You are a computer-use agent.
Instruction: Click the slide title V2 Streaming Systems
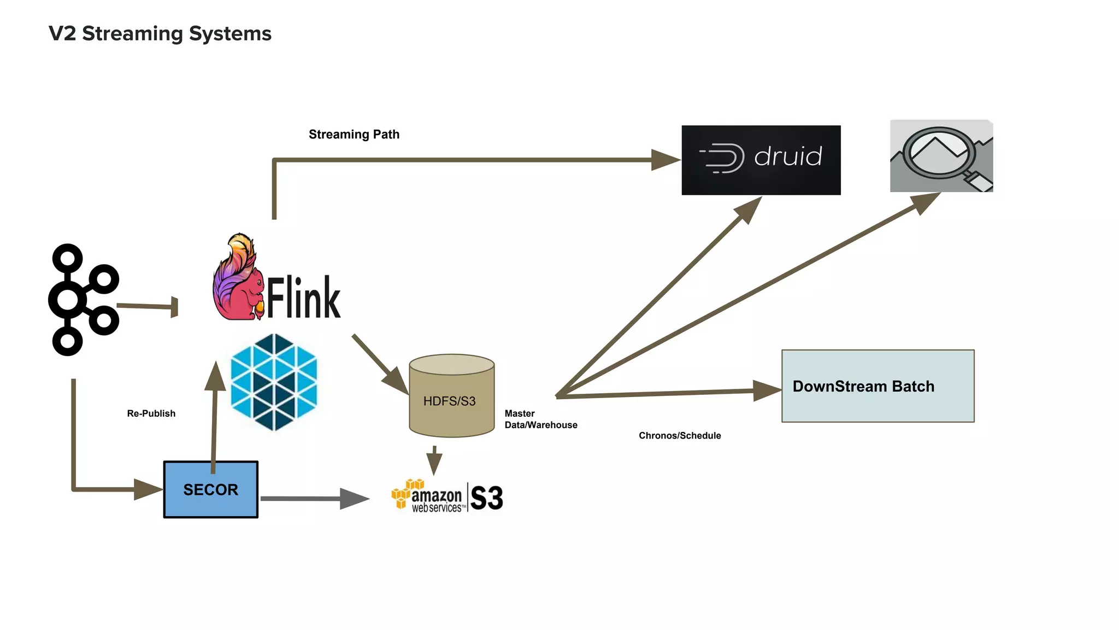[160, 33]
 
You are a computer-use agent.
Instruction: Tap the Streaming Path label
[354, 135]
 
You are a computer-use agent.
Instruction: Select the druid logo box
[761, 160]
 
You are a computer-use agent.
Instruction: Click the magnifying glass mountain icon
[941, 156]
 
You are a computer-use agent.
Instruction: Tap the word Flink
[304, 298]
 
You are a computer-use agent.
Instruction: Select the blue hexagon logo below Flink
[274, 382]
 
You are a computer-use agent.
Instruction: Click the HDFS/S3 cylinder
[451, 396]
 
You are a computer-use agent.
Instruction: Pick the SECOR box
[210, 489]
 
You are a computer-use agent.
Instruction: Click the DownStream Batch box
[877, 386]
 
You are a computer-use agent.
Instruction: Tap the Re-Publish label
[151, 413]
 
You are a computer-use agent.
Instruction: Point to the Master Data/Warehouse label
[540, 419]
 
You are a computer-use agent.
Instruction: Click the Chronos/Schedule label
[679, 436]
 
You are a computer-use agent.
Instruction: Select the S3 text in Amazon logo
[486, 498]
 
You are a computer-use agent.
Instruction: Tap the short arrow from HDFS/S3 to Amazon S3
[434, 460]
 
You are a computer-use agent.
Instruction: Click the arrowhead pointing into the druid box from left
[665, 160]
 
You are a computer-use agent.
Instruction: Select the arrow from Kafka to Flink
[146, 306]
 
